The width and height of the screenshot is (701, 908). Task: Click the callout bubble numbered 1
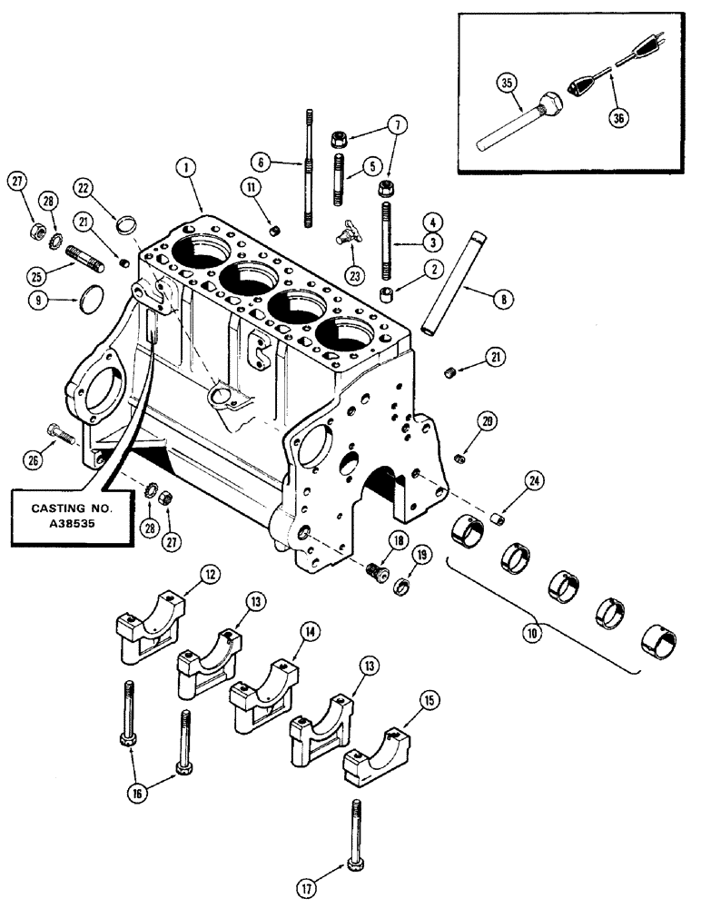[184, 166]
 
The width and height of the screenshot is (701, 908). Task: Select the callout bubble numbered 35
[507, 86]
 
